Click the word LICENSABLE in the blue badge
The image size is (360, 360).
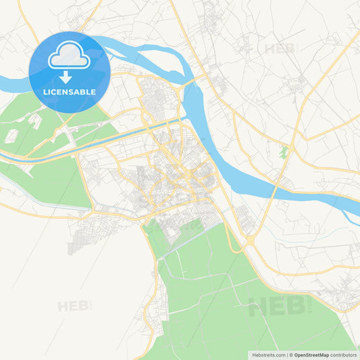tap(69, 92)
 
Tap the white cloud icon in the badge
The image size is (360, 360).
tap(69, 56)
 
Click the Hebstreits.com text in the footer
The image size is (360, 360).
tap(268, 355)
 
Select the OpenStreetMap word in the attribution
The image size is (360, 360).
tap(311, 355)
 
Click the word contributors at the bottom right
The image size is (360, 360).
tap(343, 355)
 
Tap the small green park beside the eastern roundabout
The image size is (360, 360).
tap(284, 153)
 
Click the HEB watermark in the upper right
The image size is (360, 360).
tap(279, 49)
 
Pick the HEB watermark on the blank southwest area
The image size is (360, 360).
tap(73, 306)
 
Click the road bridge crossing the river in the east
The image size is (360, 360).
tap(272, 187)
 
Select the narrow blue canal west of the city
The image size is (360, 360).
tap(41, 154)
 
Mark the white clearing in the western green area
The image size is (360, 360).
tap(12, 135)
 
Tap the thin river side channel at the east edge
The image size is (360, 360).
tap(349, 216)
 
